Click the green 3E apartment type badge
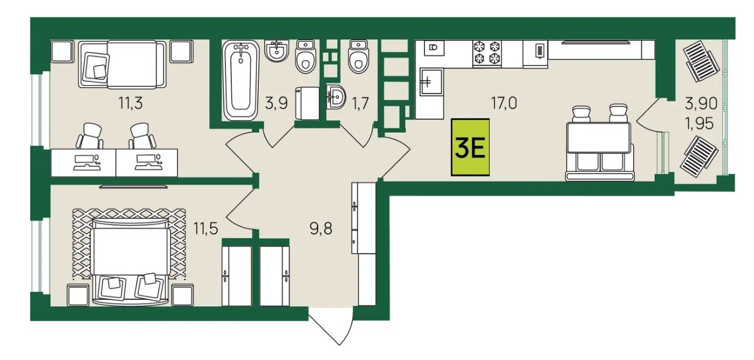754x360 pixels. coord(470,147)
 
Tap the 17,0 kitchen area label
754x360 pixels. coord(504,103)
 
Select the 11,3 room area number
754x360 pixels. coord(130,103)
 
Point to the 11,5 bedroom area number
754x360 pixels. coord(205,228)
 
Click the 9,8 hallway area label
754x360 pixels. coord(321,228)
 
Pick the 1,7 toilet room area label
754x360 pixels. coord(360,103)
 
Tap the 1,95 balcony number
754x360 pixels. coord(699,124)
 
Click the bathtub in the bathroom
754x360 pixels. coord(241,80)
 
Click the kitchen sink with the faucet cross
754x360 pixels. coord(432,81)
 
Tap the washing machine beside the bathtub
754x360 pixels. coord(307,103)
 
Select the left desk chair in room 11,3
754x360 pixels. coord(90,136)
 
